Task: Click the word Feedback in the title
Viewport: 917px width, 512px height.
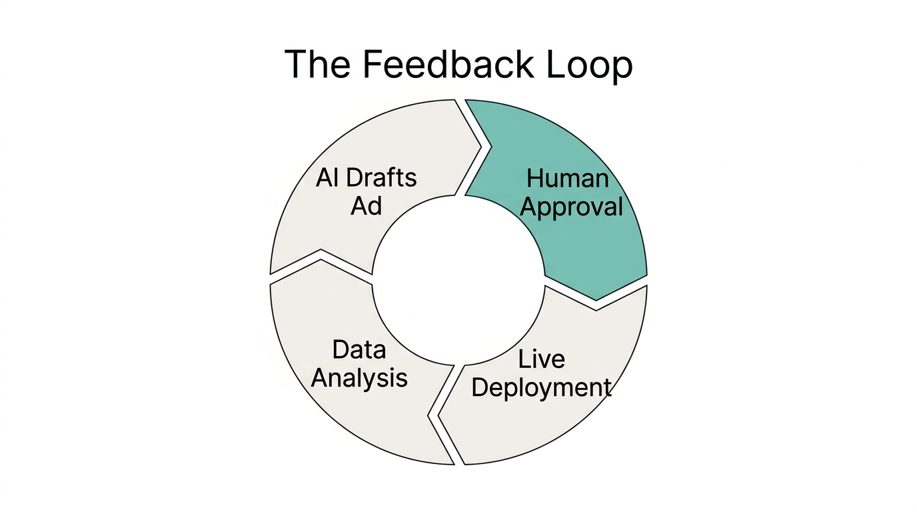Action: (449, 65)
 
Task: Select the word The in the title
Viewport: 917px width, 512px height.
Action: (317, 65)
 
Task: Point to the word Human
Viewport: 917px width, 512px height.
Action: (567, 178)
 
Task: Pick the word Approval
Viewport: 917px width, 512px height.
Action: (571, 207)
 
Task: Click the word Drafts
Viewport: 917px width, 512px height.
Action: (382, 178)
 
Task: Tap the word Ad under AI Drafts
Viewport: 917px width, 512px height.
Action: (366, 206)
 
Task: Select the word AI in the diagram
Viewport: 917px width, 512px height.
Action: (327, 178)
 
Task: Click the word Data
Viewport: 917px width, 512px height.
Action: (359, 349)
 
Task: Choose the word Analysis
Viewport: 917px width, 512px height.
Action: (359, 378)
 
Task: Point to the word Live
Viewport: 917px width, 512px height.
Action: (541, 359)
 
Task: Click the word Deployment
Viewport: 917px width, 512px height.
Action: (541, 387)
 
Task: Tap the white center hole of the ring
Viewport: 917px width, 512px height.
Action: (458, 281)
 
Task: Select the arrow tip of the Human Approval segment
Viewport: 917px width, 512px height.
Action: (596, 299)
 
